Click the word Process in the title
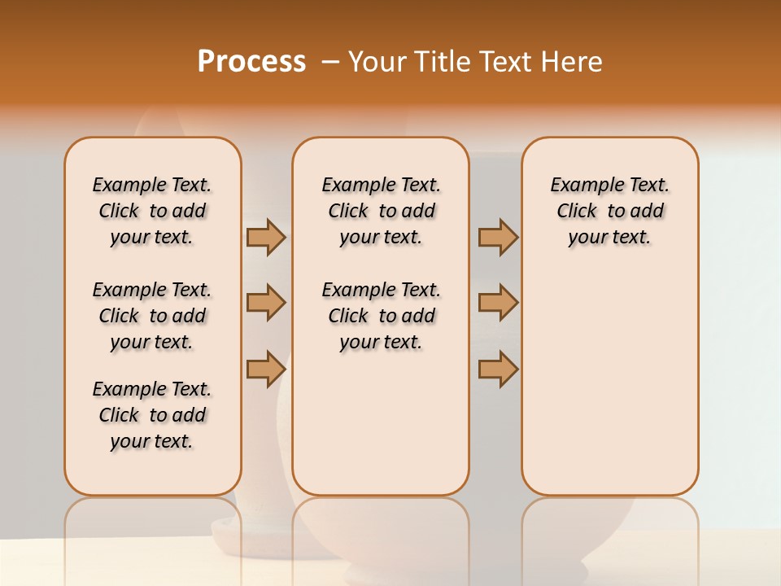coord(251,62)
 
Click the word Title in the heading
coord(440,62)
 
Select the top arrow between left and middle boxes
coord(266,238)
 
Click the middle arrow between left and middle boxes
coord(266,304)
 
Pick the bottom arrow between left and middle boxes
coord(266,368)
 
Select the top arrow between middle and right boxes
coord(498,238)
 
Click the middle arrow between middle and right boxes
coord(498,304)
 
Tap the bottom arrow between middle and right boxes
coord(498,368)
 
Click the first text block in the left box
coord(152,211)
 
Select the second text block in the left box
coord(152,316)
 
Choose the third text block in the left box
coord(152,415)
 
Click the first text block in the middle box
coord(382,211)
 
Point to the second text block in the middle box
coord(382,316)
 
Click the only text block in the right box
coord(610,211)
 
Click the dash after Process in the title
coord(331,62)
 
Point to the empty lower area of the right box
coord(610,383)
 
